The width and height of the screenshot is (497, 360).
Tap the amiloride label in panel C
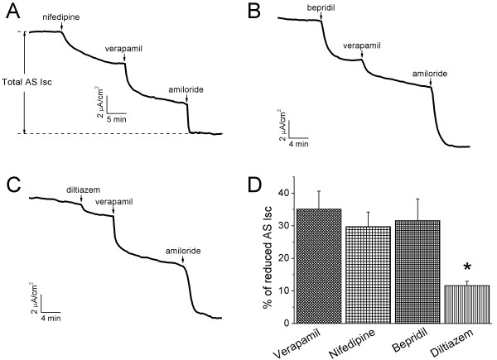(181, 249)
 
